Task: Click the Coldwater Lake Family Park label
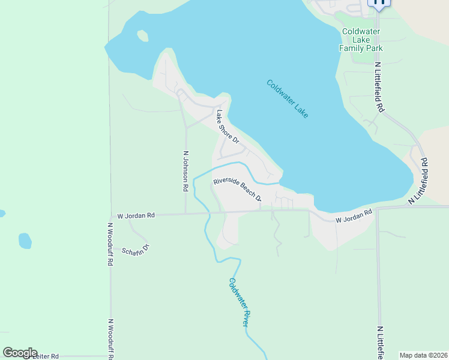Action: [x=362, y=40]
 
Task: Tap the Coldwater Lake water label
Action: [x=288, y=99]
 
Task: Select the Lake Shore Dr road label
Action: [x=228, y=127]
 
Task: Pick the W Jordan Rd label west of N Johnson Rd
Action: [x=136, y=215]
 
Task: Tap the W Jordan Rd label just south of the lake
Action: [x=354, y=217]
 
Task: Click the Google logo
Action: [x=20, y=353]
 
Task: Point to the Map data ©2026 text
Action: [x=423, y=355]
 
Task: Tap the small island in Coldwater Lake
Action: [x=142, y=35]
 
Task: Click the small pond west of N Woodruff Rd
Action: [x=25, y=241]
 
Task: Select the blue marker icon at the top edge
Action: [x=379, y=2]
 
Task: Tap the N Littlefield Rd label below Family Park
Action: [x=379, y=87]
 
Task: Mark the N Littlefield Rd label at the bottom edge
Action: [x=381, y=342]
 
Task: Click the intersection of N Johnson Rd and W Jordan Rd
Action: [x=185, y=214]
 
